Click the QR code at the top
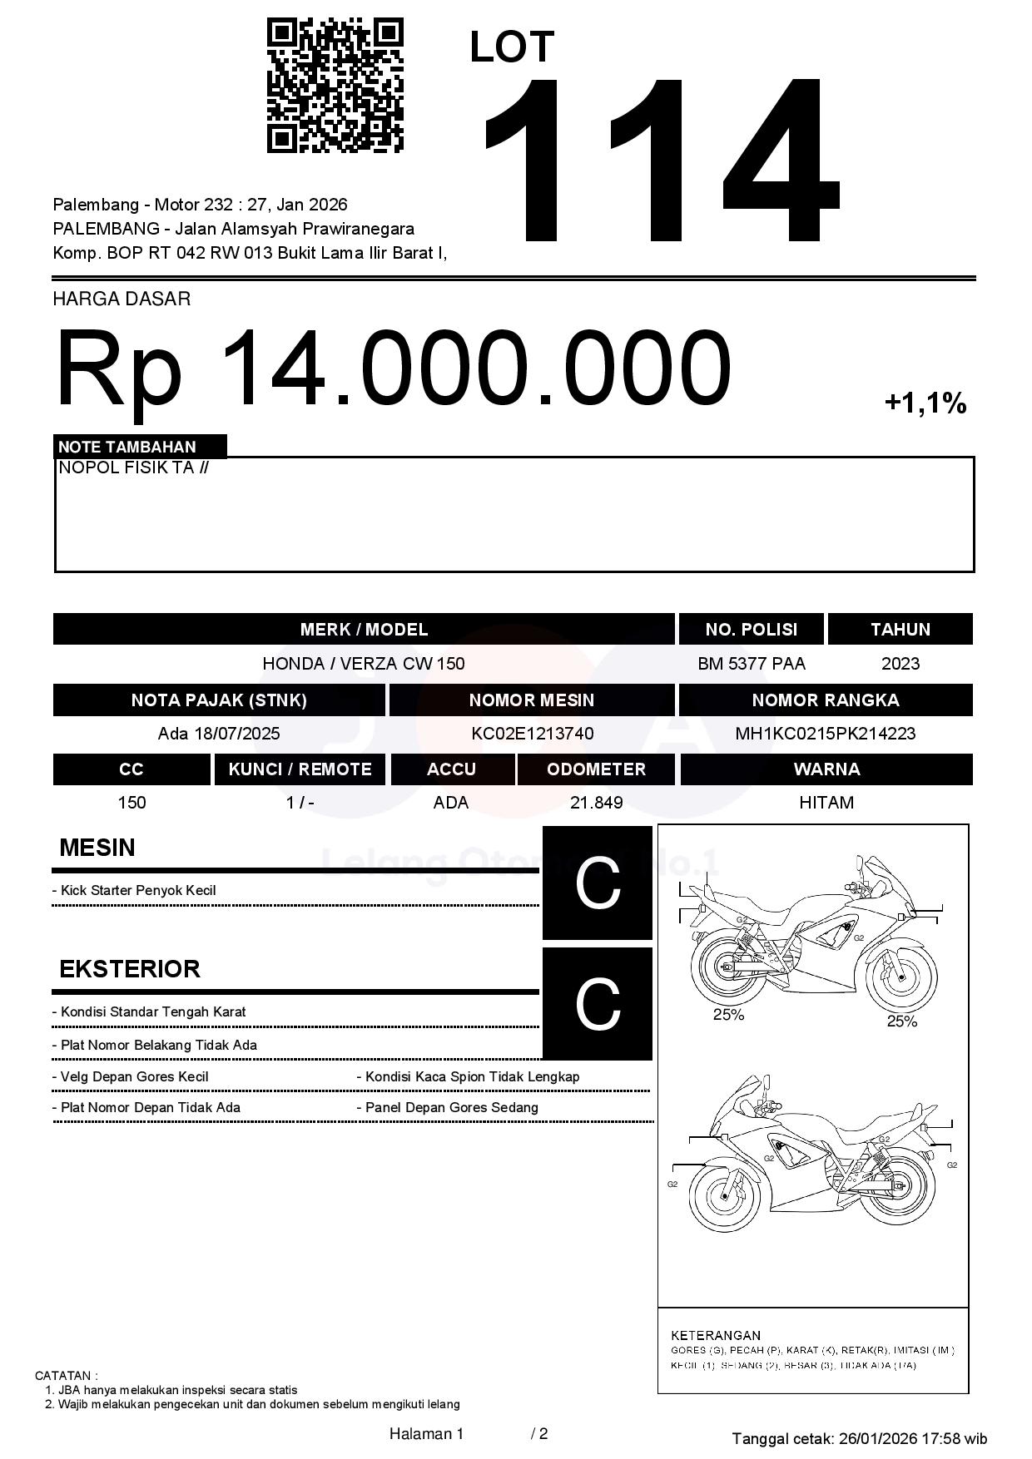point(335,86)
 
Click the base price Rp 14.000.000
point(393,368)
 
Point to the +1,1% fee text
point(925,403)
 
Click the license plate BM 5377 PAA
point(751,664)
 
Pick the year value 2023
point(900,664)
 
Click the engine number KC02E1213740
point(532,734)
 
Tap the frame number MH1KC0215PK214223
point(825,734)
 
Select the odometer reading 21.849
point(596,803)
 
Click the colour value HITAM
point(826,803)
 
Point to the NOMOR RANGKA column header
point(825,700)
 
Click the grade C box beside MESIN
point(598,883)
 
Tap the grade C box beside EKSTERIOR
point(598,1004)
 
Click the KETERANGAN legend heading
point(715,1335)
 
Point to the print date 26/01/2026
point(876,1438)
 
